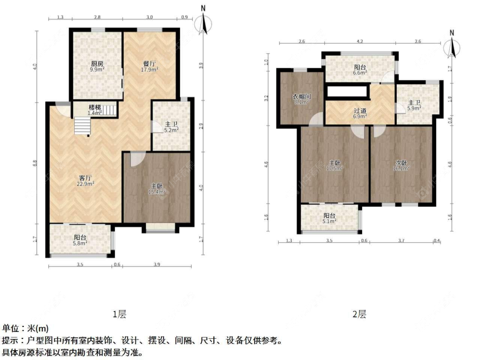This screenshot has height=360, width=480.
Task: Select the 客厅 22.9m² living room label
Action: (x=86, y=180)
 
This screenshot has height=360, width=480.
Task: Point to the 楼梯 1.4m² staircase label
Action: (x=94, y=110)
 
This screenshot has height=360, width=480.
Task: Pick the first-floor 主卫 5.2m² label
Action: (x=171, y=127)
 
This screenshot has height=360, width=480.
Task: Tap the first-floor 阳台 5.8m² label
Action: (x=80, y=240)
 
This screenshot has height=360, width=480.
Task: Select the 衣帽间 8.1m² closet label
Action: (x=302, y=99)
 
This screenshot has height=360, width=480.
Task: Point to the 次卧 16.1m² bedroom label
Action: (x=401, y=165)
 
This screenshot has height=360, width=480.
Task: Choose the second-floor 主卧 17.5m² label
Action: (x=335, y=165)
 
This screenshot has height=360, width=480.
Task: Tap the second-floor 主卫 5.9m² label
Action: (x=414, y=105)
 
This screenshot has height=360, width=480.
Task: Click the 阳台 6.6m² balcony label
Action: (x=360, y=70)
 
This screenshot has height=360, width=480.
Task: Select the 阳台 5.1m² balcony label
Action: (x=329, y=218)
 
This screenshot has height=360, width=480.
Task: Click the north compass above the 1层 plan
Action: (x=204, y=23)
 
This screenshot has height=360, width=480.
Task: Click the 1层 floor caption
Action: (x=119, y=315)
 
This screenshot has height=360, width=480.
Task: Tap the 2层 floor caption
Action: (x=359, y=315)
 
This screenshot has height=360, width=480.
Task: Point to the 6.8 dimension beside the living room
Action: (x=35, y=163)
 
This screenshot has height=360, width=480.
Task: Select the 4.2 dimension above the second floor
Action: (x=360, y=42)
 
